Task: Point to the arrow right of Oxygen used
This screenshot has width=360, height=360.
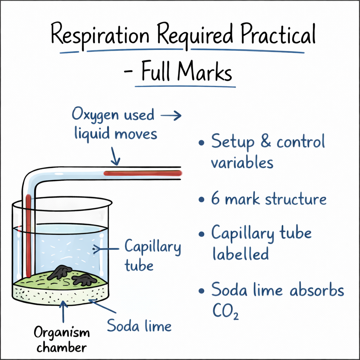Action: click(x=172, y=116)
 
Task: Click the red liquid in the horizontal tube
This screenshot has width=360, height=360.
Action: click(x=143, y=173)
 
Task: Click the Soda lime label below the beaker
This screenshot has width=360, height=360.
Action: click(x=139, y=326)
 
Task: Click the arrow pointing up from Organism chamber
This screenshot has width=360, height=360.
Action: click(x=64, y=311)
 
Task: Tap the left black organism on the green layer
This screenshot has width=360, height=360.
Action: click(x=60, y=272)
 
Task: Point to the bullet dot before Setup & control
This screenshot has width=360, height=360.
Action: click(x=201, y=143)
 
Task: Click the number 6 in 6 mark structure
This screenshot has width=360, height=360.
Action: click(x=215, y=199)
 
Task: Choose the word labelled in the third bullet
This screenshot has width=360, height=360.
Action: click(x=240, y=253)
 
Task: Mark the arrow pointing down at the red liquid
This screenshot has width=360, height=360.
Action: click(x=115, y=156)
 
